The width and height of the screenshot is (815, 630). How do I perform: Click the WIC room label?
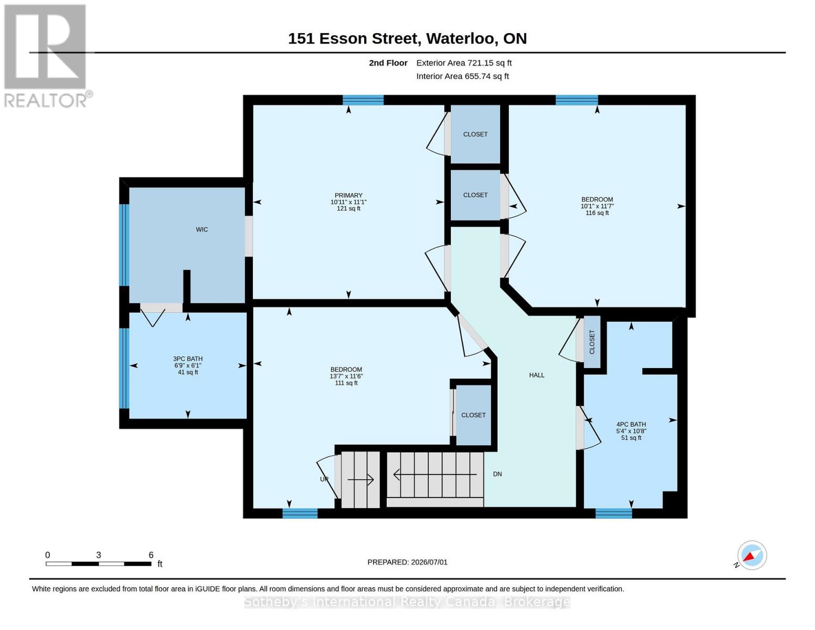202,229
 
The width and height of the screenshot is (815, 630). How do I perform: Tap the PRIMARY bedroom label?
348,195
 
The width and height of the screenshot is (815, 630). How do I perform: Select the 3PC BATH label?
187,359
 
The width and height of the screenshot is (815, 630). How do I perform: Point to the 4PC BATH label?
631,424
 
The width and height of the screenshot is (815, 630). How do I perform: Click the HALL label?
537,375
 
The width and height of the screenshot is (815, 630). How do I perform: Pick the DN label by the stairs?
498,474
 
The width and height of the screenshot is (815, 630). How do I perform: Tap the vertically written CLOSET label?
592,341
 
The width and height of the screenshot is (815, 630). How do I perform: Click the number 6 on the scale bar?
151,555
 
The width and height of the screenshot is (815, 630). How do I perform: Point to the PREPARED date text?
407,562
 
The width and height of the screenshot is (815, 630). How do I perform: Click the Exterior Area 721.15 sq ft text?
464,62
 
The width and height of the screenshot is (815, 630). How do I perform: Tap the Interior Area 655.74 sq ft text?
462,76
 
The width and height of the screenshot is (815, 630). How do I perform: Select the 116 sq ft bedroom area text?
597,213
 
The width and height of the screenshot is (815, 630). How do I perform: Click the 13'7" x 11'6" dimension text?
346,376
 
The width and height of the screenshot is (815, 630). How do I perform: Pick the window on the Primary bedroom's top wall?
363,100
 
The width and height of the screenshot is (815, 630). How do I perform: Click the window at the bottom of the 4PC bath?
613,513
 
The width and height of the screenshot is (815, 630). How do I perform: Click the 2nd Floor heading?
388,62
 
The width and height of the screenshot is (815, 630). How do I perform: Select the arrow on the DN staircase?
435,475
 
